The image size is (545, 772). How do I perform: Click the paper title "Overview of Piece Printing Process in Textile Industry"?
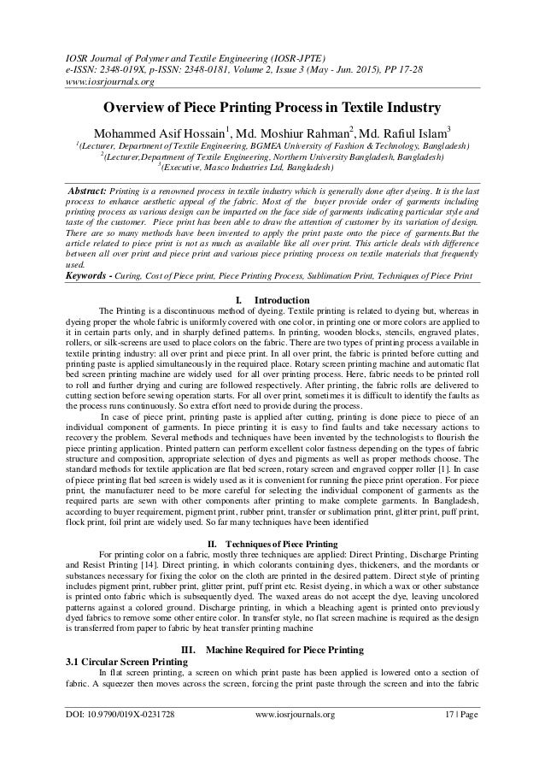click(272, 110)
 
